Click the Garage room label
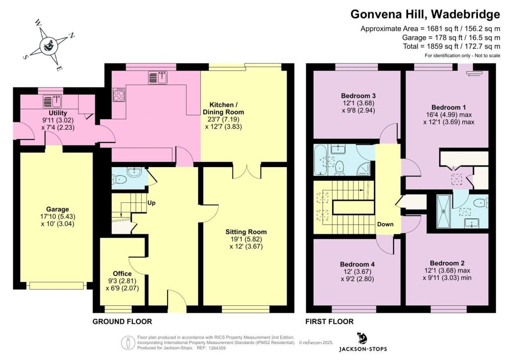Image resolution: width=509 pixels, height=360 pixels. coord(58,209)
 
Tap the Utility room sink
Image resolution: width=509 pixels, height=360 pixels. coord(52,101)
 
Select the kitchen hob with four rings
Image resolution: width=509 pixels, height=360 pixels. coord(118,94)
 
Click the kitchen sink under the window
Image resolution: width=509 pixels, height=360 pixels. coord(158,78)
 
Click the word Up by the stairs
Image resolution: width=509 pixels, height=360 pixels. coord(152,203)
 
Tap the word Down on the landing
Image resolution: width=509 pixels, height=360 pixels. coord(385,224)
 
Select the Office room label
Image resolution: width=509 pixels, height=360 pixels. coord(122,273)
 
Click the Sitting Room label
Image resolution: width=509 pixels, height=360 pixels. coord(246,232)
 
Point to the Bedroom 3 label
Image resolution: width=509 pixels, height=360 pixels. coord(358,96)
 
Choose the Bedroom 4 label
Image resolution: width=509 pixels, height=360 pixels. coord(357,264)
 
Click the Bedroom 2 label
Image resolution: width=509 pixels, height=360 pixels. coord(447,263)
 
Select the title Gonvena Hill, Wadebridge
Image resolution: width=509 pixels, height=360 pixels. coord(425,14)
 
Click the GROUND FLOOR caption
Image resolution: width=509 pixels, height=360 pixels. coord(122,322)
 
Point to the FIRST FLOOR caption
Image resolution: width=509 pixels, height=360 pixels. coord(329,322)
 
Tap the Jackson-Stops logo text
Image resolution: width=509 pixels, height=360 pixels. coord(363,349)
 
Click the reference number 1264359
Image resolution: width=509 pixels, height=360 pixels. coord(216,348)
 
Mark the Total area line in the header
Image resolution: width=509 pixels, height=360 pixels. coord(451,46)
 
